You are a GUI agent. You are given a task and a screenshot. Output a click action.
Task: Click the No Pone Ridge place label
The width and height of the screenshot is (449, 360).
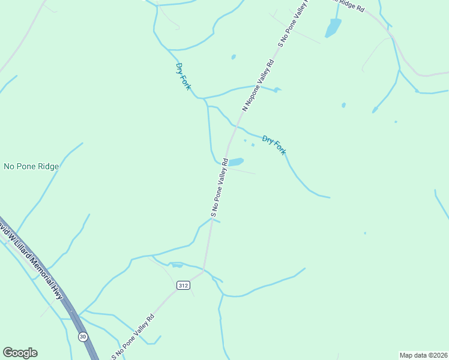click(x=31, y=166)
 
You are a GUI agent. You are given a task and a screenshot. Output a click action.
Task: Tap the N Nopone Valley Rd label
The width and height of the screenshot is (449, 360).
click(x=258, y=85)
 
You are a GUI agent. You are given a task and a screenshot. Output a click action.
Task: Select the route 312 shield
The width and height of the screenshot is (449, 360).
click(x=183, y=286)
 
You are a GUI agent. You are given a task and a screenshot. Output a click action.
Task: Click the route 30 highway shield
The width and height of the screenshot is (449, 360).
click(x=83, y=336)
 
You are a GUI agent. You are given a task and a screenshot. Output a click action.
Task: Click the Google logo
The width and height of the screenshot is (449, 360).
click(x=20, y=353)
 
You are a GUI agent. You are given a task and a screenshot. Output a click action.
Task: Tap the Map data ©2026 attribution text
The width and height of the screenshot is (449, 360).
click(x=423, y=355)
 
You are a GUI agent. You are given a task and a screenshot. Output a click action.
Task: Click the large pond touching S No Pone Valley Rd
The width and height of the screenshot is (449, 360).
click(x=236, y=162)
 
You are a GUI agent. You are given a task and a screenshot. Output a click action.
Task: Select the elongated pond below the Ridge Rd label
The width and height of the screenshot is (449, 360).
click(x=333, y=27)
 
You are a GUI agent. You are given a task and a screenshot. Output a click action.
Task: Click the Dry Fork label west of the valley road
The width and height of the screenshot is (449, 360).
click(x=183, y=76)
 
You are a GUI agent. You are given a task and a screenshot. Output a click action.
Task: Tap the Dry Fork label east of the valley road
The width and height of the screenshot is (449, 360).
click(x=274, y=145)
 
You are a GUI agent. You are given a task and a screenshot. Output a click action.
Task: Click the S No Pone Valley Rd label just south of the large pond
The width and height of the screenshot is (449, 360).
click(x=219, y=187)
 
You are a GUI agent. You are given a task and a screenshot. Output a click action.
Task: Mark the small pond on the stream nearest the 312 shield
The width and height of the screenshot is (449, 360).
click(x=176, y=265)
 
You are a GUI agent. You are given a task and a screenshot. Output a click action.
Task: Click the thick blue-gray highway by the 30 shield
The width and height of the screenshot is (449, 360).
click(x=69, y=300)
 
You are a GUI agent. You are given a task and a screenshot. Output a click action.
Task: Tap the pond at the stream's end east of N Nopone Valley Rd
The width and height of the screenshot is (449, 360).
click(x=276, y=90)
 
